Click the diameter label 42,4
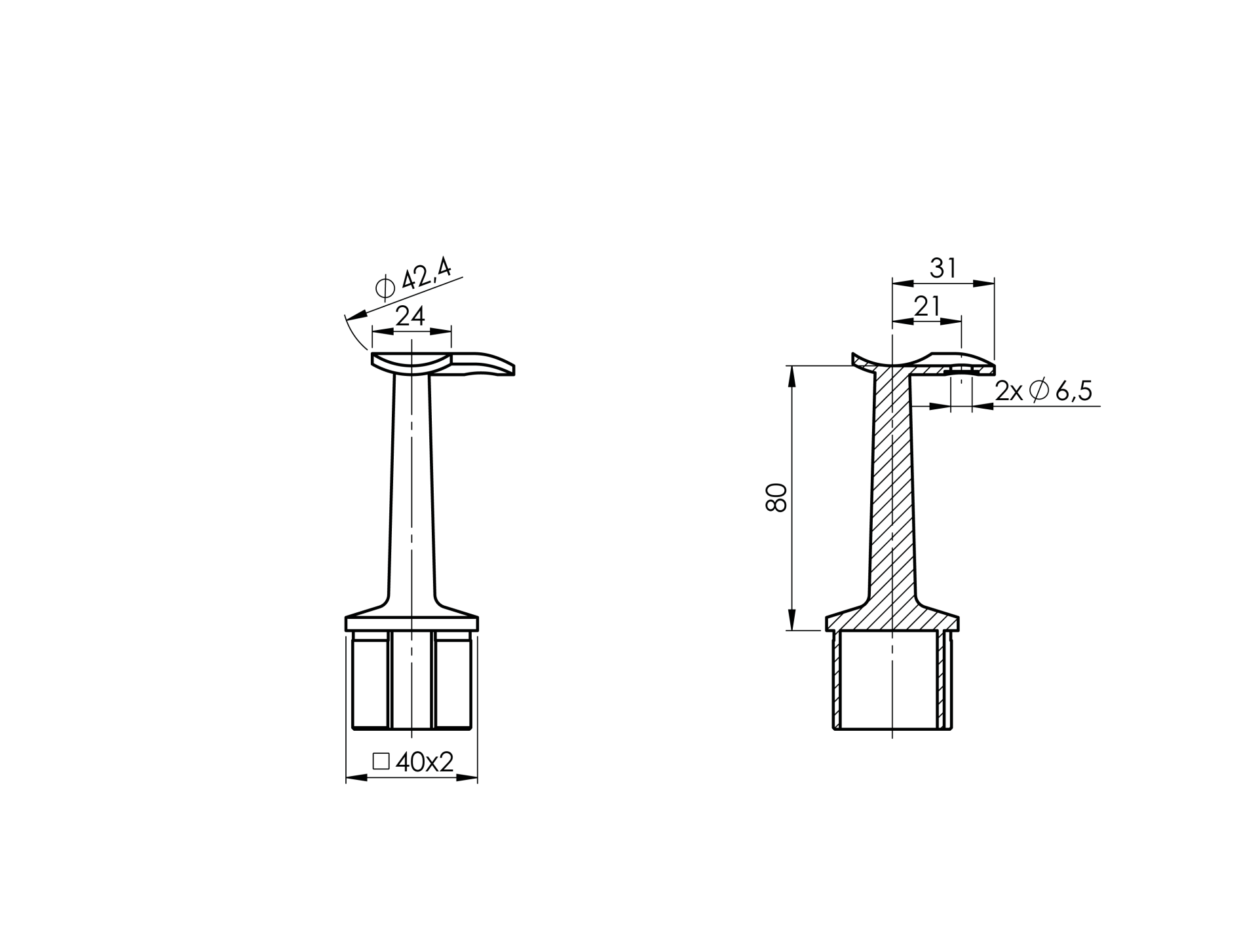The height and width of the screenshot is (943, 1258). point(427,274)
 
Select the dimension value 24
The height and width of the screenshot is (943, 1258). point(411,316)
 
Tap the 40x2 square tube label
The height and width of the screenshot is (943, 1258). point(425,762)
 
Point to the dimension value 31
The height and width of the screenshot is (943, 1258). point(943,268)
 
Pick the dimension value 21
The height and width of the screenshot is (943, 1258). point(926,306)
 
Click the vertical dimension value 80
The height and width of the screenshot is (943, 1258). point(776,498)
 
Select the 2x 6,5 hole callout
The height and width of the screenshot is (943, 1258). point(1044,391)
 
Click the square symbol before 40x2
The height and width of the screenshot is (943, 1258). point(381,762)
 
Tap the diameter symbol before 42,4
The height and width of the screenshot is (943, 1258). point(385,287)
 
